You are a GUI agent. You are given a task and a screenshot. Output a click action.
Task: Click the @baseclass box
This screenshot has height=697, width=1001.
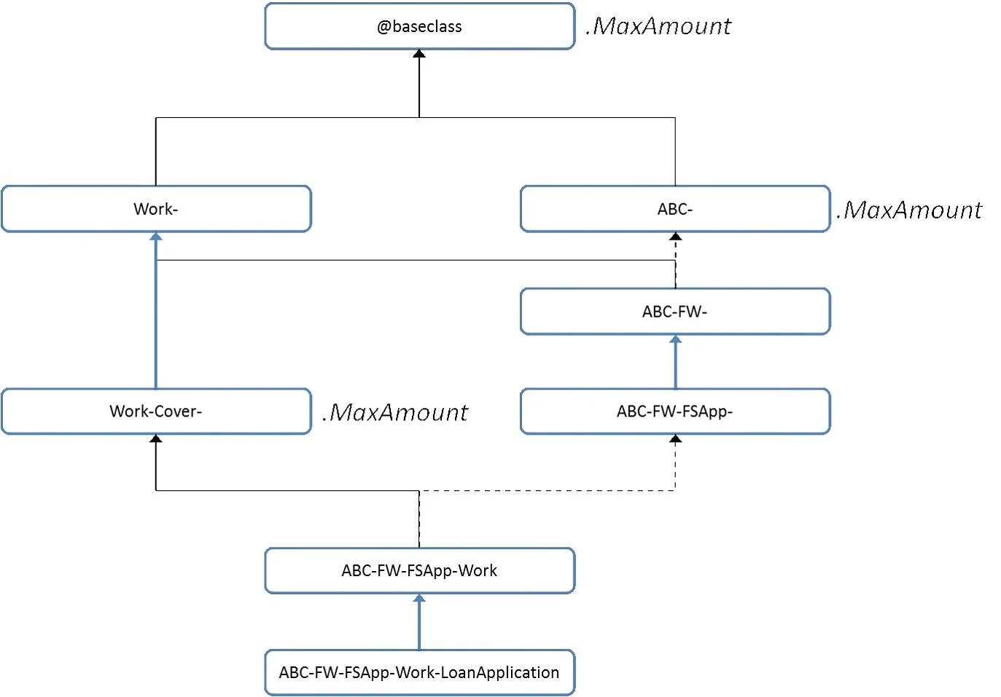pos(419,26)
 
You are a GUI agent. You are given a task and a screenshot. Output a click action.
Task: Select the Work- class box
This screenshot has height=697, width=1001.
pos(156,208)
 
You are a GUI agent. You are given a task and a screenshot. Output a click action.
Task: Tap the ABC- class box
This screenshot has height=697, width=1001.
pos(675,208)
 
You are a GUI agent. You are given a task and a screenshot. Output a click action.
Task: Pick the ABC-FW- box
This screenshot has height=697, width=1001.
pos(675,311)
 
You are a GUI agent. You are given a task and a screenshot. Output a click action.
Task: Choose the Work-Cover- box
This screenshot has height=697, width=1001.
pos(156,411)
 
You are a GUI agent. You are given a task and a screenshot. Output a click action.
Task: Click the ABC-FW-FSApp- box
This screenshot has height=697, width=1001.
pos(675,411)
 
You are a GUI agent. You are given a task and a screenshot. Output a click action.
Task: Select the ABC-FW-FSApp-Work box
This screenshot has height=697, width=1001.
pos(419,571)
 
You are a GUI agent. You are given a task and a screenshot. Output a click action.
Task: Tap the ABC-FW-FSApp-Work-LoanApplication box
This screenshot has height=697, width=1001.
pos(419,672)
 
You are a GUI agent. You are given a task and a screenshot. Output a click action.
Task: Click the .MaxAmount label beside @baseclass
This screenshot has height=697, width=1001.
pos(658,26)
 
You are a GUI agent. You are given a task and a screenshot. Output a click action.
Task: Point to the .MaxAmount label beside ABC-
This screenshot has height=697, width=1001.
pos(909,210)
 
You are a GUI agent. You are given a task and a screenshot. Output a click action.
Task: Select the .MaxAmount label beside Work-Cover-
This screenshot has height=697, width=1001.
pos(395,412)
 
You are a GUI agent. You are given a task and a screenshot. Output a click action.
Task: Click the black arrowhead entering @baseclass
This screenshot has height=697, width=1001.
pos(419,54)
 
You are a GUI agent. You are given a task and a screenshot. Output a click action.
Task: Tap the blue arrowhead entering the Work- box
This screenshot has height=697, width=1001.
pos(156,236)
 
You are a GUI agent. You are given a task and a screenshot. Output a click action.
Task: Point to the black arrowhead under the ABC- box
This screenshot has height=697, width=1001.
pos(675,236)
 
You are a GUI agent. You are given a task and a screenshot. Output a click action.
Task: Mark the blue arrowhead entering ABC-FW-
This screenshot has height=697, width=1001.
pos(675,339)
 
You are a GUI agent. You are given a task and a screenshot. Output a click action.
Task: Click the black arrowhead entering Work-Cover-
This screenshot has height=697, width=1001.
pos(156,438)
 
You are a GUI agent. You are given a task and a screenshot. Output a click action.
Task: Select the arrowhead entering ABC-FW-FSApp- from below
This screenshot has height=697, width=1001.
pos(675,438)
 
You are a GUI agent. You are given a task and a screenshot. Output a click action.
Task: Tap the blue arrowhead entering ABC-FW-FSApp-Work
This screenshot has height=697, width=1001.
pos(419,599)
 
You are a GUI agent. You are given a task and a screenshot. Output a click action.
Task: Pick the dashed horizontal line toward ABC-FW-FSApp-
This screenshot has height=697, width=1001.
pos(548,491)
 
